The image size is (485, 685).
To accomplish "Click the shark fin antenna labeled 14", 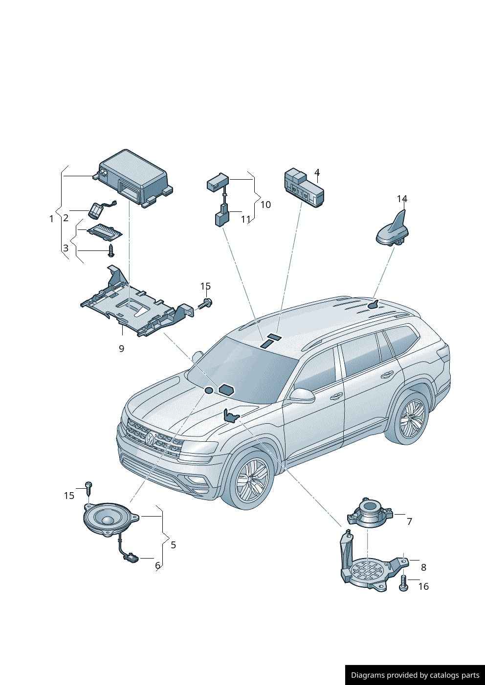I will click(x=392, y=229).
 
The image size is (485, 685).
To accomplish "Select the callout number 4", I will click(x=317, y=173).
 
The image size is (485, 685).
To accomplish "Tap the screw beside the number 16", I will click(x=403, y=583).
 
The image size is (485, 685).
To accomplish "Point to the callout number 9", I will click(x=121, y=349).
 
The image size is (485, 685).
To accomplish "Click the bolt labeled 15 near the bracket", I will click(x=206, y=304).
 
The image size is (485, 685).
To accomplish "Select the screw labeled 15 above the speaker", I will click(x=88, y=487).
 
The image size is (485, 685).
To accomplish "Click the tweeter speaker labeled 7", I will click(x=370, y=514).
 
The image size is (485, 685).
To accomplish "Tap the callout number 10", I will click(x=265, y=205).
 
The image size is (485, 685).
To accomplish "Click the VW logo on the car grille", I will click(x=150, y=438).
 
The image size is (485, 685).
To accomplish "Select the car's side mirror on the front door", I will click(x=303, y=395).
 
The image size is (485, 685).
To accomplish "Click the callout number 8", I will click(x=423, y=567).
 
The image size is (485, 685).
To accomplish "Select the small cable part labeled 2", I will click(x=97, y=210).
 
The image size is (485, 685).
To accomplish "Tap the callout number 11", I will click(x=245, y=220).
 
